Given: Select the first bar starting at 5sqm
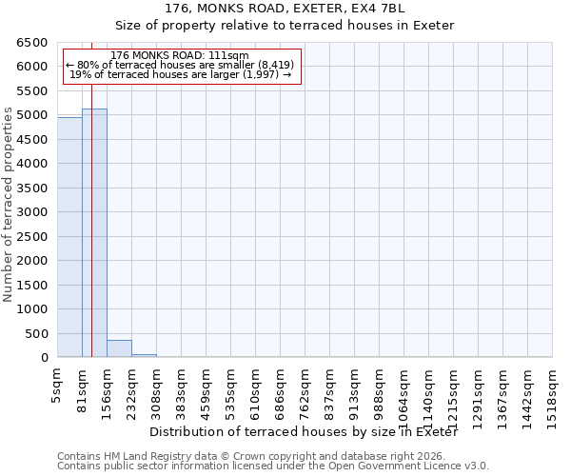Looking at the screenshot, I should click(69, 238).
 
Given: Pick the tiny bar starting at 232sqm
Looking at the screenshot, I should click(144, 356).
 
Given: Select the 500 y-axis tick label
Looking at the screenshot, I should click(38, 334).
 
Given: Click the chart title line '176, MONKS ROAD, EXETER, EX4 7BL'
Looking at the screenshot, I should click(285, 9).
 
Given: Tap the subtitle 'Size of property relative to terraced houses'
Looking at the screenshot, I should click(285, 26).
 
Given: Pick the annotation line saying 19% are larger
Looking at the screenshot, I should click(180, 74).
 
